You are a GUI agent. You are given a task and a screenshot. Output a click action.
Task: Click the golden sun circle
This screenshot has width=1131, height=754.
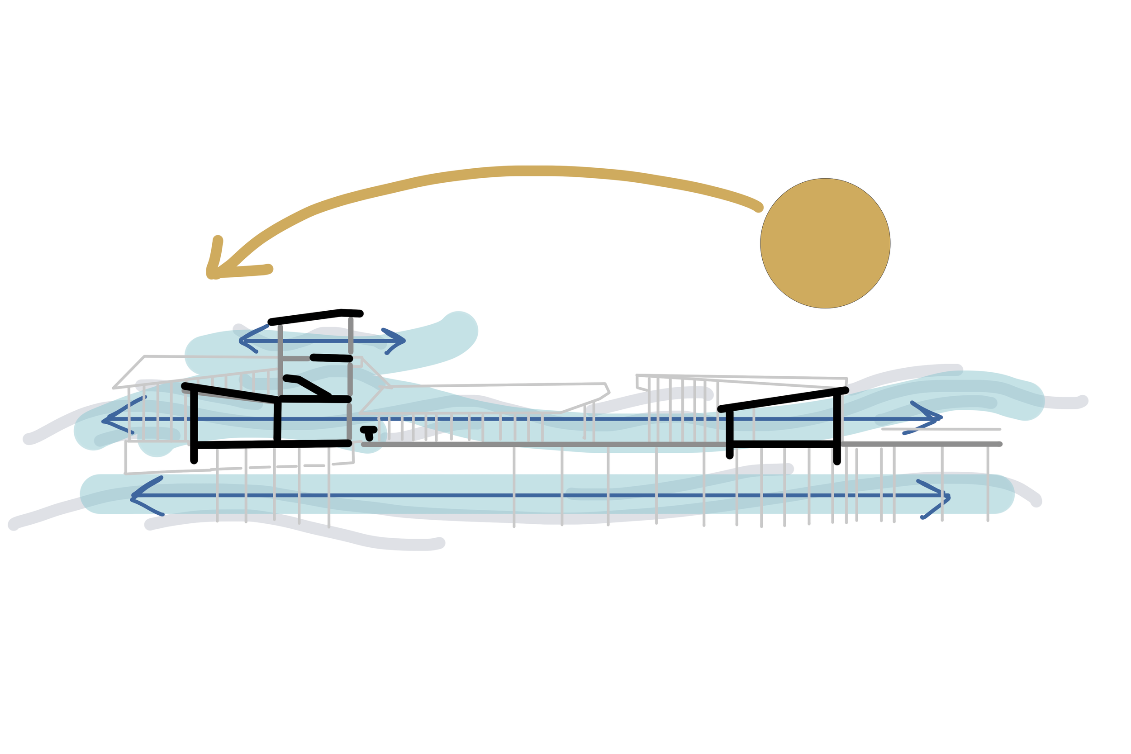pos(825,243)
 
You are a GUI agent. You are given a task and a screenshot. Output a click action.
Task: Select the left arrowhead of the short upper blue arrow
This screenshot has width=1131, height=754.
pos(242,341)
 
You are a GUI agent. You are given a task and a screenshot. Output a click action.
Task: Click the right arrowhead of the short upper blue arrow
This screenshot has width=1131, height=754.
pos(403,341)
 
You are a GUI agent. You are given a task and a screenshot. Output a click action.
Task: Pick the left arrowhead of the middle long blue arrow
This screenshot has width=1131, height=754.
pos(105,421)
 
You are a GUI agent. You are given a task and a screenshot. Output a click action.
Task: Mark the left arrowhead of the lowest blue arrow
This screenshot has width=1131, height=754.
pos(135,496)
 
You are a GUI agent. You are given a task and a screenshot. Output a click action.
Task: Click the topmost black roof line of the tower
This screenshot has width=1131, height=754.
pos(315,317)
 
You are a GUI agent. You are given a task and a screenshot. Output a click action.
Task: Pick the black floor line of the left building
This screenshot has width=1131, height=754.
pos(272,444)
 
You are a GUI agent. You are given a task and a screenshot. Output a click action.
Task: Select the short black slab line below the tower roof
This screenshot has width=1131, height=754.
pos(332,358)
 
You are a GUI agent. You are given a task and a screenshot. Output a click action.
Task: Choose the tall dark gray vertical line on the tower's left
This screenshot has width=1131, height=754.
pos(280,360)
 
